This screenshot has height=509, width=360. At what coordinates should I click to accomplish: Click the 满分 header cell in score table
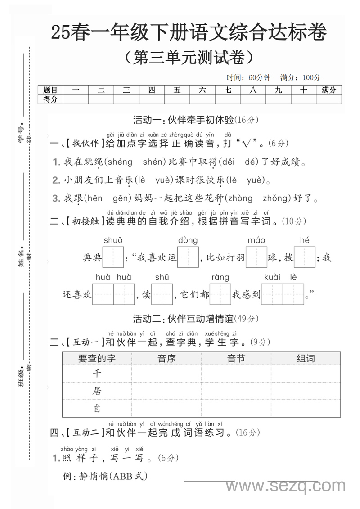[328, 90]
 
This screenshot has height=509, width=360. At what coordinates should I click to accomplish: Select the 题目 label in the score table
[50, 90]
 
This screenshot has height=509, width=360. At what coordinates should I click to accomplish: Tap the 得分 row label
[50, 99]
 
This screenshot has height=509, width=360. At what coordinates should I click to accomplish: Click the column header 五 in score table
[177, 90]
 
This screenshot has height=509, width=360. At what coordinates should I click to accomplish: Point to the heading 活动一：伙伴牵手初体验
[183, 120]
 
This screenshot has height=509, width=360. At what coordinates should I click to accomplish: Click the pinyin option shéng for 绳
[120, 162]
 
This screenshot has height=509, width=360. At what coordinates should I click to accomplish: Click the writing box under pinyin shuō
[113, 257]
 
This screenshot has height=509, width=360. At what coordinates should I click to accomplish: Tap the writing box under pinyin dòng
[188, 257]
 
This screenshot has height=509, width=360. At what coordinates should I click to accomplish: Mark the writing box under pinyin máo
[256, 257]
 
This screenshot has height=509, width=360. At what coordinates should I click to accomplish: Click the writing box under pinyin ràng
[220, 294]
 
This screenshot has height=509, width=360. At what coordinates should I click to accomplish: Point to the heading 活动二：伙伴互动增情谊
[183, 319]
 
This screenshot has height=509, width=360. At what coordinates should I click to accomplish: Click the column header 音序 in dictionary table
[166, 359]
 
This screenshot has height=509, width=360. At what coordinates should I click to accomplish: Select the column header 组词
[306, 359]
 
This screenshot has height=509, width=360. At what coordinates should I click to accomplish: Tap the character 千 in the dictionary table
[97, 374]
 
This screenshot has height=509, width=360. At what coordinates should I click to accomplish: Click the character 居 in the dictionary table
[97, 391]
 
